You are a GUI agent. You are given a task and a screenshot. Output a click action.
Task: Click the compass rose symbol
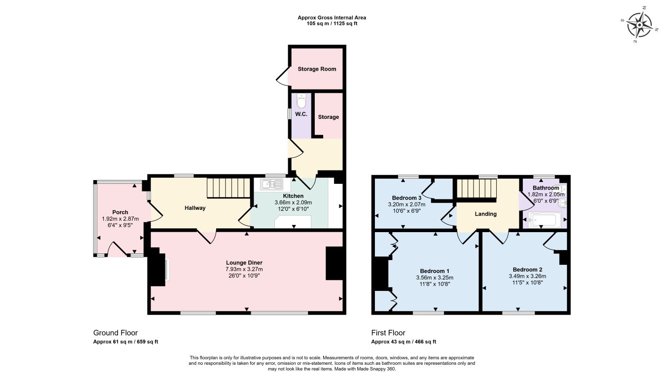coord(640,25)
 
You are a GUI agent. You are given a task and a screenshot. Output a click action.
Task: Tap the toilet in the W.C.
coord(301,101)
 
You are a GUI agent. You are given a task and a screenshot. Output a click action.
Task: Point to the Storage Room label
coord(317,69)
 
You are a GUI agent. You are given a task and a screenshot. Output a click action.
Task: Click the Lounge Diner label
coord(244,262)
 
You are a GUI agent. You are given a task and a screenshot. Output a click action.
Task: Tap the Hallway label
coord(195,208)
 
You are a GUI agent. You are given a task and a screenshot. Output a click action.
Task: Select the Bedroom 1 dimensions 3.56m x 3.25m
coord(435,278)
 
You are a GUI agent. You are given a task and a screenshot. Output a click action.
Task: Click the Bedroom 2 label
coord(528,270)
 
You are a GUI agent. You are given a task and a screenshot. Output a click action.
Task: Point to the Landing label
coord(485,214)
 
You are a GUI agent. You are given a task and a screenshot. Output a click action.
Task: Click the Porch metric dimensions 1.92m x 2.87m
coord(120,219)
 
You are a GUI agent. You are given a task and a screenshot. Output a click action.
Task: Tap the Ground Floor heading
coord(115,333)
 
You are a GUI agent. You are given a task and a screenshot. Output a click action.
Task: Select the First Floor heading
coord(388,333)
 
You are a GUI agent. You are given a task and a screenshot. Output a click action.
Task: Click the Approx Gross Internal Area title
coord(332,18)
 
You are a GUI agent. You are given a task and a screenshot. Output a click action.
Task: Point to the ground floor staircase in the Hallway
coord(228,188)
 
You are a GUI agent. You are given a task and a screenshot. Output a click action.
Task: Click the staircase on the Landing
coord(476,189)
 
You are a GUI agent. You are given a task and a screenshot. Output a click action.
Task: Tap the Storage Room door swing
coord(283,77)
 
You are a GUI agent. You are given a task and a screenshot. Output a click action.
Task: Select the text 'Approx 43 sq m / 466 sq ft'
coord(403,342)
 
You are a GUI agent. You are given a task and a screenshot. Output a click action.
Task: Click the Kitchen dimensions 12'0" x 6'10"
coord(293,209)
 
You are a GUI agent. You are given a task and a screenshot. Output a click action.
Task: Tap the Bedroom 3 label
coord(406,198)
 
